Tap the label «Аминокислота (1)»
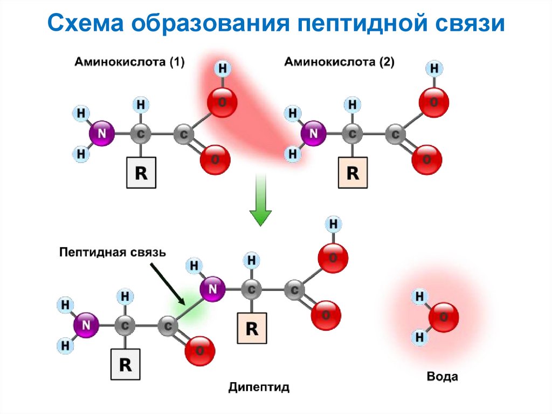pos(129,62)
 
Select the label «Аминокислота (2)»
pos(339,62)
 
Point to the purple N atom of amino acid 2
pos(314,133)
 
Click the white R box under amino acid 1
pos(141,173)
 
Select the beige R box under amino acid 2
pos(353,173)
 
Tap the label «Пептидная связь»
pos(113,252)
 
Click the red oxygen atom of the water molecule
pos(444,317)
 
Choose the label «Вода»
pos(442,376)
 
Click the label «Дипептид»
pos(259,387)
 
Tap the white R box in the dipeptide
pos(125,364)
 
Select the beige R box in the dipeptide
pos(252,328)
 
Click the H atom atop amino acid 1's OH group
pos(222,69)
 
